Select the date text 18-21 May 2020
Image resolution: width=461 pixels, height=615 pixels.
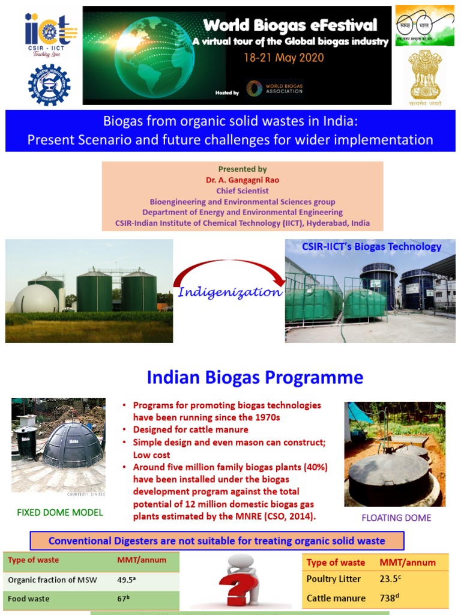point(283,58)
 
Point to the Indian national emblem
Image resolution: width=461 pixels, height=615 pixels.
point(425,75)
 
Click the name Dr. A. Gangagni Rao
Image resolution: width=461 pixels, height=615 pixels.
point(243,180)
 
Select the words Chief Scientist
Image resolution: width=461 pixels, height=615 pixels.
point(243,191)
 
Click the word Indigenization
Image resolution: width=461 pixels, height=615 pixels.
point(230,292)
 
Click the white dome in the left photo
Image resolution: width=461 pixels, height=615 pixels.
point(36,298)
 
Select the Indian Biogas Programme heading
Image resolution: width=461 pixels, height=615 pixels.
point(255,377)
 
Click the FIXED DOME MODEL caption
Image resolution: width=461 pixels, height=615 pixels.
point(59,512)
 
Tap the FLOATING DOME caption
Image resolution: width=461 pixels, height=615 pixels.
point(396,518)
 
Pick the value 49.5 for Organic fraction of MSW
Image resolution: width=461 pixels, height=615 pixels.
point(125,580)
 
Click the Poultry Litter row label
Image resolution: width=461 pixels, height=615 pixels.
point(334,579)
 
